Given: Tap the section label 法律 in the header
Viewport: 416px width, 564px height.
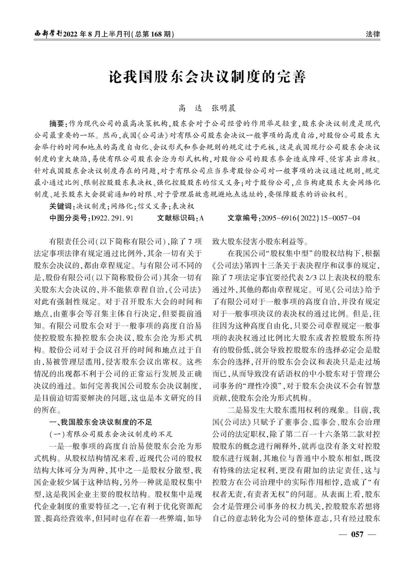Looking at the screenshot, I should click(x=373, y=34).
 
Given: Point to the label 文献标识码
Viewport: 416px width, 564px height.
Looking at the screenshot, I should click(x=178, y=218).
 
